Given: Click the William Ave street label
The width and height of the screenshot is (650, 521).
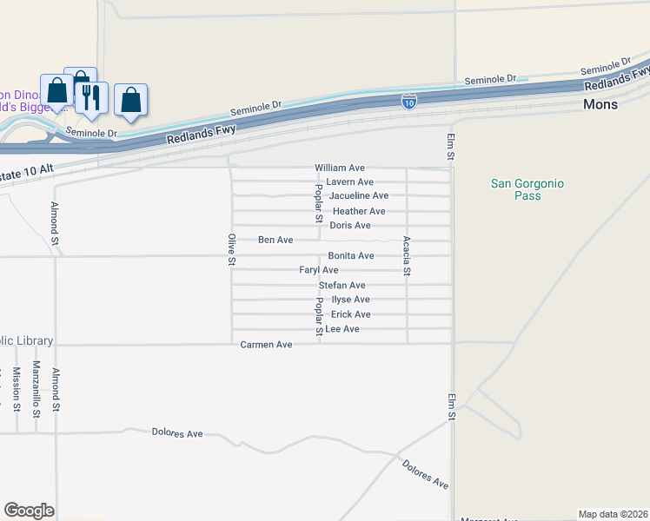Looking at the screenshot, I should click(340, 168).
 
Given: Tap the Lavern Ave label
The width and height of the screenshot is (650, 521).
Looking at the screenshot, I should click(349, 182).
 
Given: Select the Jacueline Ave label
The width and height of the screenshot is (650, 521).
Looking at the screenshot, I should click(358, 196).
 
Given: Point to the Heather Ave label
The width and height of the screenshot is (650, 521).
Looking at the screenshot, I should click(358, 212).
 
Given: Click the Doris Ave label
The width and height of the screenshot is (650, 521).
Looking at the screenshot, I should click(350, 226).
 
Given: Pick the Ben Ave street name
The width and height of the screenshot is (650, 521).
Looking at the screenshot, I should click(275, 240).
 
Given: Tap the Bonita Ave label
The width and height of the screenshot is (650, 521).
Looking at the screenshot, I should click(350, 256).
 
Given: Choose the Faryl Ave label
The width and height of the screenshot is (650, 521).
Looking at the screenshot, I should click(319, 271).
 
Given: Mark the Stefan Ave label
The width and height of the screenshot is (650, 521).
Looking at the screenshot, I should click(342, 286).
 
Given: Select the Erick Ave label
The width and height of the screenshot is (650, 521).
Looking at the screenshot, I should click(350, 314).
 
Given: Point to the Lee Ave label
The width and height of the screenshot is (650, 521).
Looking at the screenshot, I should click(342, 330).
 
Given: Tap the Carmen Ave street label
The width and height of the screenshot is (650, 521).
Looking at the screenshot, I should click(266, 345).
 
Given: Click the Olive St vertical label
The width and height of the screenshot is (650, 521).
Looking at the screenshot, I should click(232, 249).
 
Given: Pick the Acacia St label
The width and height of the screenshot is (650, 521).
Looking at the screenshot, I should click(406, 256).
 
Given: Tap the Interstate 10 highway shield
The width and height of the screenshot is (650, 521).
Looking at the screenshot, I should click(408, 102).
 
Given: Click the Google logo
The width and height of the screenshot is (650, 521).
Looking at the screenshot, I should click(29, 511).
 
